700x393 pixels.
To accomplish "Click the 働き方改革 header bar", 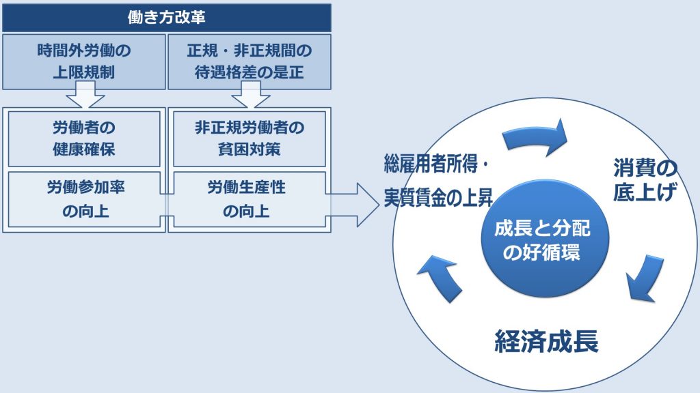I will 167,17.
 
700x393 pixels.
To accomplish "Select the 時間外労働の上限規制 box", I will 84,61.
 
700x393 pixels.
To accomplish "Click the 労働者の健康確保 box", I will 84,139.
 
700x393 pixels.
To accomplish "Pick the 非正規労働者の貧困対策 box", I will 249,139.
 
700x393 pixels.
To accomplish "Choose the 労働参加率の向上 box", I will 84,199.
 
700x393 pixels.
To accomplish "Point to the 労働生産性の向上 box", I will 249,199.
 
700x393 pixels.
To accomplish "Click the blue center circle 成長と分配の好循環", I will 542,241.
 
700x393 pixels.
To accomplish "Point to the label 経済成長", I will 546,342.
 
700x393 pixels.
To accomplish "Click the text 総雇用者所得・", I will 437,166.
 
